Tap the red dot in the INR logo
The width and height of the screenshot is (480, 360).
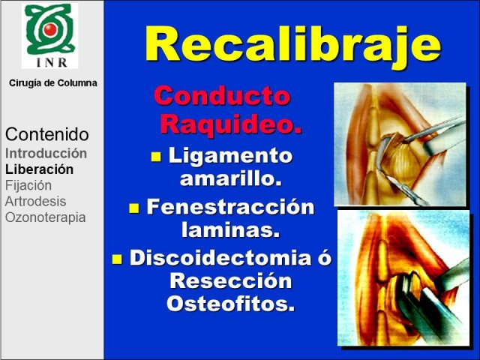pyautogui.click(x=50, y=29)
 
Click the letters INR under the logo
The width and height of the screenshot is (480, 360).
pyautogui.click(x=52, y=62)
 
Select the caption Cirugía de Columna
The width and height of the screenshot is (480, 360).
pyautogui.click(x=53, y=83)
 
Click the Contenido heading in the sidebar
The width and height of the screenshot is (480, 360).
pyautogui.click(x=47, y=134)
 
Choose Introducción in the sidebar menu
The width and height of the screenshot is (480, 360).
pyautogui.click(x=46, y=153)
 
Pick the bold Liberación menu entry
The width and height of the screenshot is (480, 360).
pyautogui.click(x=39, y=169)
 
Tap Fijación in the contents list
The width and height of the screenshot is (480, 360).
pyautogui.click(x=28, y=185)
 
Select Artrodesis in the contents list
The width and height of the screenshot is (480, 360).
pyautogui.click(x=35, y=202)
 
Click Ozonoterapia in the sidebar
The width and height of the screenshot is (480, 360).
pyautogui.click(x=45, y=217)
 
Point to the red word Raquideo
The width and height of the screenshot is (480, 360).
pyautogui.click(x=231, y=123)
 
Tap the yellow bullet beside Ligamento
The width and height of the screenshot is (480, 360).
pyautogui.click(x=156, y=157)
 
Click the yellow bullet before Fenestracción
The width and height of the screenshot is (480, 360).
pyautogui.click(x=134, y=208)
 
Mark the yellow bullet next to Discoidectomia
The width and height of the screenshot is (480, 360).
pyautogui.click(x=117, y=259)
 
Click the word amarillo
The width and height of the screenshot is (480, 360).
pyautogui.click(x=231, y=178)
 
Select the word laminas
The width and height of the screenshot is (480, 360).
pyautogui.click(x=231, y=229)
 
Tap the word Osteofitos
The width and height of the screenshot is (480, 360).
pyautogui.click(x=231, y=303)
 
